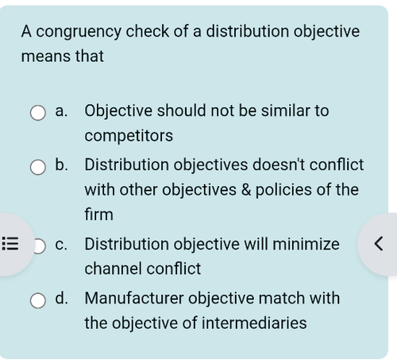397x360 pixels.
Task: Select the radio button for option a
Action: click(x=38, y=113)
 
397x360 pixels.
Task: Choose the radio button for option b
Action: click(x=38, y=167)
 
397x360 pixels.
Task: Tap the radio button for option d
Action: click(x=38, y=300)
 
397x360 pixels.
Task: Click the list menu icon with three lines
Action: click(x=10, y=244)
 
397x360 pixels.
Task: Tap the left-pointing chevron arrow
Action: click(x=379, y=244)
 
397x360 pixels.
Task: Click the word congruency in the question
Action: click(x=79, y=32)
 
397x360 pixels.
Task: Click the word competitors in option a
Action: click(x=129, y=136)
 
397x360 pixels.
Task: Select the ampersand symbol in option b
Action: click(x=246, y=190)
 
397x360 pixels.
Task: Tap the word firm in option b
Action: click(x=98, y=214)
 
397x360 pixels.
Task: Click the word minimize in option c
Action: click(x=306, y=244)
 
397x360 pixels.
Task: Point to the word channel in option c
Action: click(x=114, y=269)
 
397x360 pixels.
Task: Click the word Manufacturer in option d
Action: click(x=134, y=298)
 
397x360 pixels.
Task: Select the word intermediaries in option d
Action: click(x=254, y=323)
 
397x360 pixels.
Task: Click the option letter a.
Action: click(x=61, y=111)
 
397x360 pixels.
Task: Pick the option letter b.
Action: click(x=61, y=165)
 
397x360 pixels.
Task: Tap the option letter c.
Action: click(x=61, y=245)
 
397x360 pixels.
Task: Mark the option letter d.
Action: click(x=61, y=298)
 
